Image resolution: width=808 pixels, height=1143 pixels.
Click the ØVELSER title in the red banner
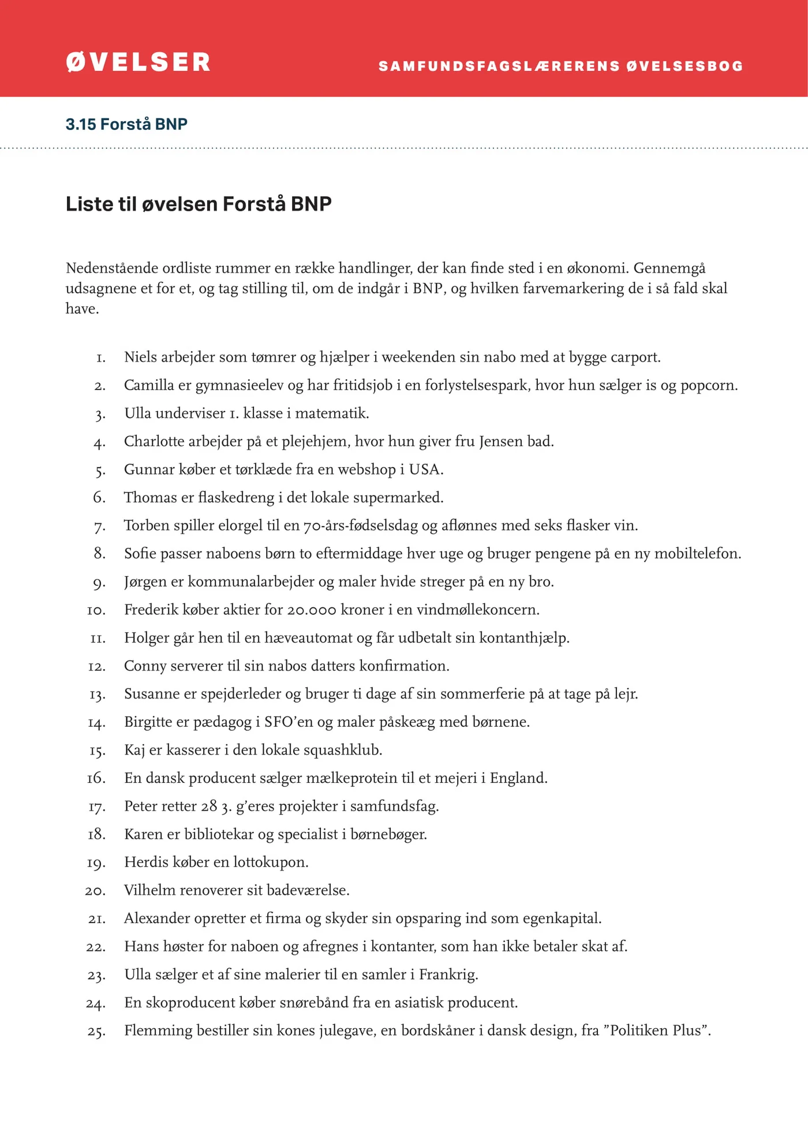(x=138, y=62)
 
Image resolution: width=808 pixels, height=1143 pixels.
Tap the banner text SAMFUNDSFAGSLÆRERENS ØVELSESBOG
(x=560, y=66)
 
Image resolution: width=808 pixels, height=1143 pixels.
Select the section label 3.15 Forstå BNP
(x=126, y=124)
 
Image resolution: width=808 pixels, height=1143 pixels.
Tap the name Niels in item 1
(x=140, y=357)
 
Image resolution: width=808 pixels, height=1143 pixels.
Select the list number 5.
(x=100, y=470)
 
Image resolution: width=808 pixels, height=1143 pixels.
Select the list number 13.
(x=97, y=694)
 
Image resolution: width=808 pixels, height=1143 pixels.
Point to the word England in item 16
(x=518, y=778)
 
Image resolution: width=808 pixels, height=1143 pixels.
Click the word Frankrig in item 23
(x=448, y=974)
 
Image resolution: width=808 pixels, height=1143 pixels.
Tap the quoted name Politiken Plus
(x=656, y=1030)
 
